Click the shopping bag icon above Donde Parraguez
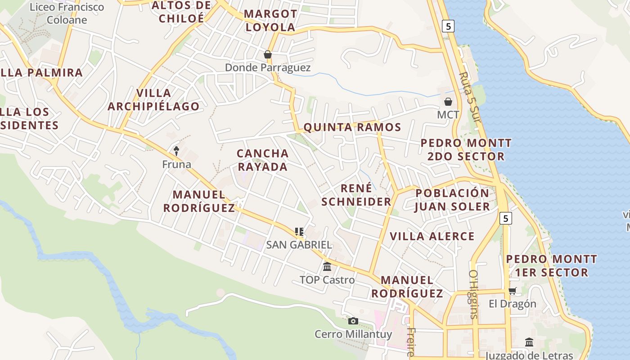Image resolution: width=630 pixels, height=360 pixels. (x=268, y=54)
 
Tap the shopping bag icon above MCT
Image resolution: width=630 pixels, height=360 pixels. (x=448, y=102)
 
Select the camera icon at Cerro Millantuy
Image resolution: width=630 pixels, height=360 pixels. (x=353, y=321)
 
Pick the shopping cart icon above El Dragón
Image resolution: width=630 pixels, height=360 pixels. (x=512, y=291)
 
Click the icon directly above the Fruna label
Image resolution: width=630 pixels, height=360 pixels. (x=176, y=151)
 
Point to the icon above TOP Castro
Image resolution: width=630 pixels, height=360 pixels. (x=327, y=266)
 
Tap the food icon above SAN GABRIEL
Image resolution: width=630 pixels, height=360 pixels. (x=299, y=232)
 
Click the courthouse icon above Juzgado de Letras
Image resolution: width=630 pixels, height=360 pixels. (x=529, y=342)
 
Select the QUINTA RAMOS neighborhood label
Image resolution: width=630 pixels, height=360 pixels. (x=352, y=127)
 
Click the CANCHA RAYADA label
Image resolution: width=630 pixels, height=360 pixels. (x=263, y=160)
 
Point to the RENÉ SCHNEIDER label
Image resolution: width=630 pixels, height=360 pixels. (x=356, y=195)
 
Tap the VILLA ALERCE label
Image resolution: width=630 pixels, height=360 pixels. (x=432, y=236)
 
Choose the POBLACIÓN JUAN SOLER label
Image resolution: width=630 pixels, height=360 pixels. (x=452, y=200)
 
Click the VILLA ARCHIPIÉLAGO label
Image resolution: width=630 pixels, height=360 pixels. (x=154, y=100)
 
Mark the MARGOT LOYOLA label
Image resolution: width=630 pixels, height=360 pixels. (x=270, y=21)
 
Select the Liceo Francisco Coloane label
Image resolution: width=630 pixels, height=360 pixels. (x=67, y=13)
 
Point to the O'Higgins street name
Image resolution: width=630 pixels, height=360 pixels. (x=473, y=294)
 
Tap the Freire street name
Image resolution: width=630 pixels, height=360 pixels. (x=410, y=342)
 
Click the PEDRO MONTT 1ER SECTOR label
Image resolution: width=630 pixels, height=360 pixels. (x=552, y=266)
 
